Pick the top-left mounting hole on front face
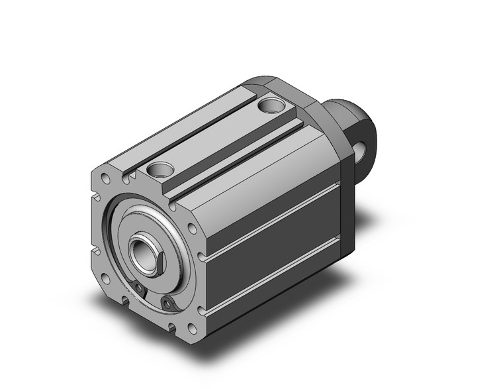[105, 180]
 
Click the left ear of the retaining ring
[140, 287]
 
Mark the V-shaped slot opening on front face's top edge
[130, 176]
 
